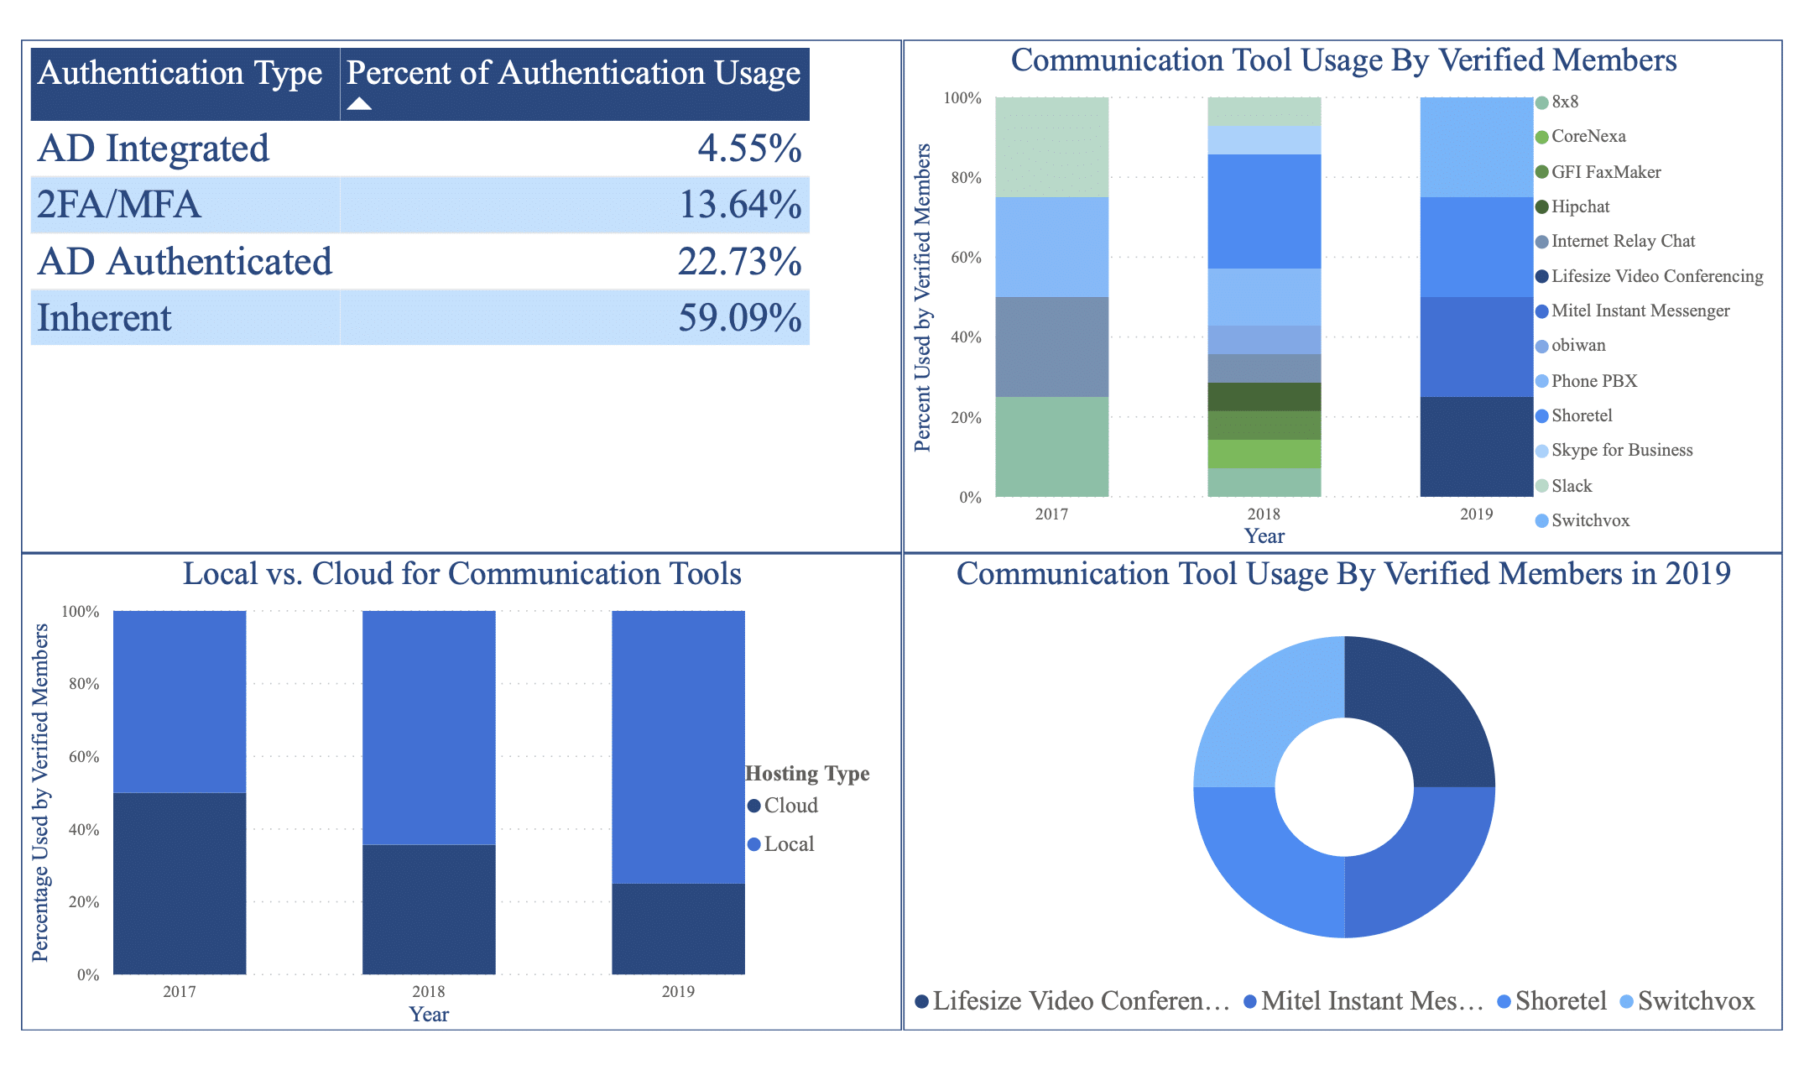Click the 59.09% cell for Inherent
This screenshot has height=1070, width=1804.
tap(739, 318)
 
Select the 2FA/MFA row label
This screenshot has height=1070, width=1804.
tap(119, 205)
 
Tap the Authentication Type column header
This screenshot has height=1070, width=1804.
tap(180, 74)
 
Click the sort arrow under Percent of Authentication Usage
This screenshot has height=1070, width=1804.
tap(359, 104)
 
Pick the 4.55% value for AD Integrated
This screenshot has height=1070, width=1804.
tap(749, 149)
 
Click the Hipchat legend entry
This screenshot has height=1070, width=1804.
tap(1579, 206)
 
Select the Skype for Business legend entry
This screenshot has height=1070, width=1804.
tap(1621, 451)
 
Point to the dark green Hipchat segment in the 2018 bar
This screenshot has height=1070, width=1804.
tap(1264, 397)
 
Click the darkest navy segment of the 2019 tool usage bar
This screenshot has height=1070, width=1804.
tap(1476, 446)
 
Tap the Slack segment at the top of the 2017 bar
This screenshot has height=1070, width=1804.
tap(1051, 147)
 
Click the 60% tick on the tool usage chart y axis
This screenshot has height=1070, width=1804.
tap(966, 258)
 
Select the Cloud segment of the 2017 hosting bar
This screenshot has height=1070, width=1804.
tap(180, 883)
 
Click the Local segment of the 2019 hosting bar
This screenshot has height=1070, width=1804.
tap(678, 747)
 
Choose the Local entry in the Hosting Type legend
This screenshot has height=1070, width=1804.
tap(788, 844)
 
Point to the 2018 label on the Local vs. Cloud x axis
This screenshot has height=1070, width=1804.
tap(428, 991)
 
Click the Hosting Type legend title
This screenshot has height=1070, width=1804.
tap(807, 774)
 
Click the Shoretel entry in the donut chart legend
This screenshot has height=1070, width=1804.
tap(1560, 1001)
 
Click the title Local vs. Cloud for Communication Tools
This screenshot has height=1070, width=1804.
tap(461, 574)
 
